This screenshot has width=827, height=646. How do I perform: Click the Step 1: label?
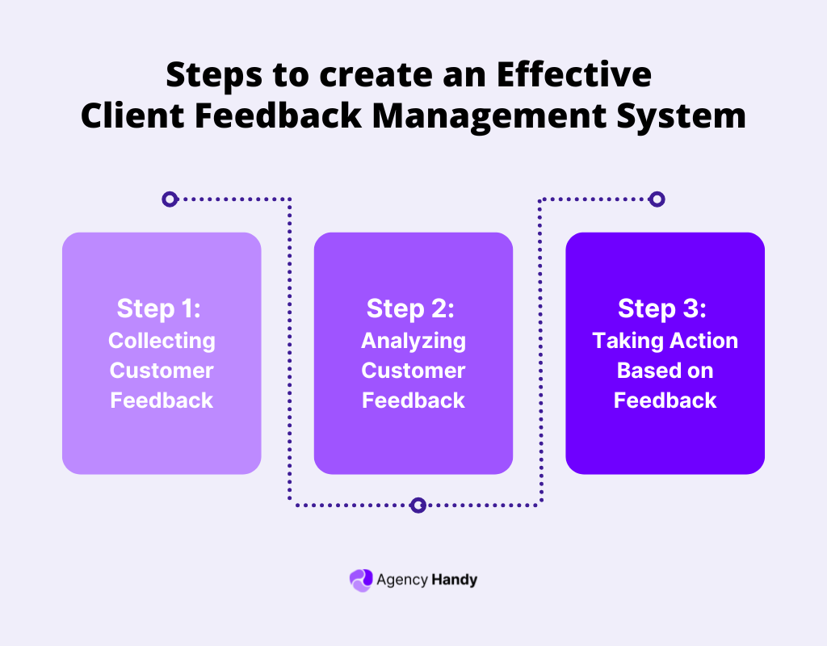tap(162, 308)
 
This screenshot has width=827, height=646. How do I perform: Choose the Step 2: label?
tap(413, 308)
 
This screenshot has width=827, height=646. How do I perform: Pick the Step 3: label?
tap(665, 308)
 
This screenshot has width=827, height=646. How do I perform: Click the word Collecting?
tap(162, 341)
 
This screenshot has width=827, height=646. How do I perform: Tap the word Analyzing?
tap(413, 341)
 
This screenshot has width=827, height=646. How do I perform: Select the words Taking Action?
tap(665, 341)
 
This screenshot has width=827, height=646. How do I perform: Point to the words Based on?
tap(665, 371)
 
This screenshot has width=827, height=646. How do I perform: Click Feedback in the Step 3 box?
tap(665, 401)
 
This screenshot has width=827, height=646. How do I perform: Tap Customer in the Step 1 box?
tap(162, 371)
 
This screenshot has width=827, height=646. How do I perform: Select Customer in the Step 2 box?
tap(413, 371)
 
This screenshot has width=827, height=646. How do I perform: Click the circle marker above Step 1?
tap(169, 199)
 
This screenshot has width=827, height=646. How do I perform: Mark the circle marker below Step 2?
tap(418, 505)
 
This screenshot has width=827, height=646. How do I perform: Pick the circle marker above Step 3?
tap(657, 199)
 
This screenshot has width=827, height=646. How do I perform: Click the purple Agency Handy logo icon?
tap(360, 580)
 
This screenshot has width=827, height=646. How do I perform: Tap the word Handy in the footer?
tap(454, 580)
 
